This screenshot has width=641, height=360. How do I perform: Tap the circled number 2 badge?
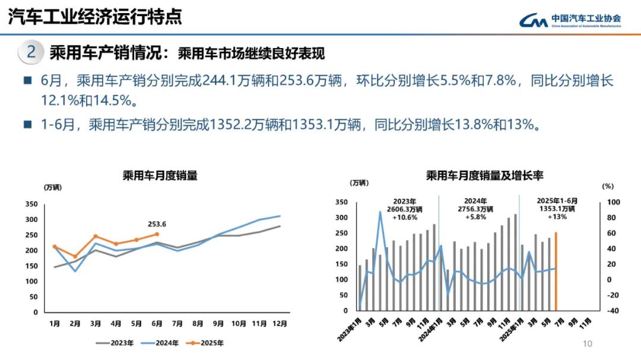pyautogui.click(x=30, y=53)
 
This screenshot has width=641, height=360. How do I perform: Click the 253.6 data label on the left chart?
pyautogui.click(x=157, y=224)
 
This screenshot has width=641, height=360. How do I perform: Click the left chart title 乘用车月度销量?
pyautogui.click(x=160, y=176)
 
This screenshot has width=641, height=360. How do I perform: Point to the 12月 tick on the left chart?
pyautogui.click(x=280, y=324)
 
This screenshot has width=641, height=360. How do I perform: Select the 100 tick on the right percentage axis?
pyautogui.click(x=613, y=202)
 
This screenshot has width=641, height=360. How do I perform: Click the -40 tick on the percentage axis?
pyautogui.click(x=613, y=311)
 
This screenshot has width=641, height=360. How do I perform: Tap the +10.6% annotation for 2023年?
pyautogui.click(x=405, y=217)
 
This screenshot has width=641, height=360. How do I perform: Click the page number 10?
pyautogui.click(x=588, y=343)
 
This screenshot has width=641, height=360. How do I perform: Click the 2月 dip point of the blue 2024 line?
pyautogui.click(x=75, y=271)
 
